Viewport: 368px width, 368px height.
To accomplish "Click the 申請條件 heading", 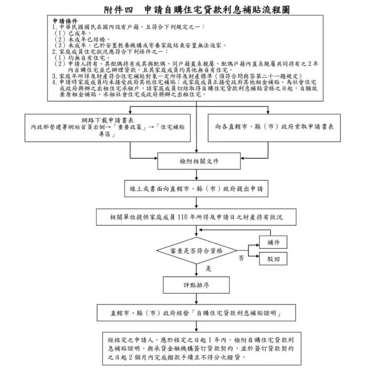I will pyautogui.click(x=65, y=22).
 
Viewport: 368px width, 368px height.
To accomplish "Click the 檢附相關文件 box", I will pyautogui.click(x=196, y=161).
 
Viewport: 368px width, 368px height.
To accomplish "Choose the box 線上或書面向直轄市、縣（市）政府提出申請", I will pyautogui.click(x=196, y=189).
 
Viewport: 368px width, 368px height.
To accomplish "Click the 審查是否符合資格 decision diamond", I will pyautogui.click(x=196, y=251).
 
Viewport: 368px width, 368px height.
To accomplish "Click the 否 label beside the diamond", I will pyautogui.click(x=241, y=259).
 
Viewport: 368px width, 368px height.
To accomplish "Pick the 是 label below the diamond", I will pyautogui.click(x=208, y=268).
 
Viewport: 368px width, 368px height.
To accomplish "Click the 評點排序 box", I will pyautogui.click(x=196, y=285).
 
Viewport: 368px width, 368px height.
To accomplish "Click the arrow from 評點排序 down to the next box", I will pyautogui.click(x=196, y=299).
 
